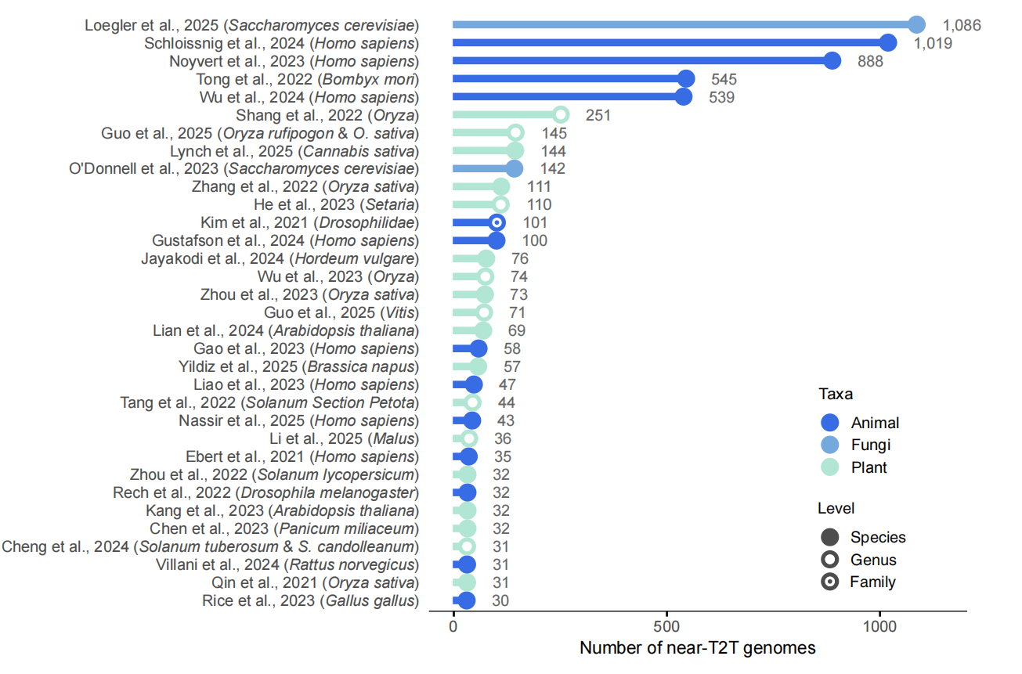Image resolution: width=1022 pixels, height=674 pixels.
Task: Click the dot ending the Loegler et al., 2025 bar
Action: point(916,25)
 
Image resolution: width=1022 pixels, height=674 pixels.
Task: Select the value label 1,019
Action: point(933,43)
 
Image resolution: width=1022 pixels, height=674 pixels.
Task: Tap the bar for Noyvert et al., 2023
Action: point(642,61)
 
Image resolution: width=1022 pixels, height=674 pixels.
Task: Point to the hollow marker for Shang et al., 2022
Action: point(560,115)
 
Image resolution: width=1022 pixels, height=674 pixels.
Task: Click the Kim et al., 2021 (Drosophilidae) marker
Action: point(496,222)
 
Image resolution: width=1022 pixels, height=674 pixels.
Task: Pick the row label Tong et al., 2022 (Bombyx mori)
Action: point(307,79)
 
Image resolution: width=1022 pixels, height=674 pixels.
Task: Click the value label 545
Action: point(724,79)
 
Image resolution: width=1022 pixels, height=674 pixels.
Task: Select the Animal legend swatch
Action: point(830,423)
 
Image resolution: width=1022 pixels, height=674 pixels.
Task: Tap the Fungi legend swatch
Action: point(830,445)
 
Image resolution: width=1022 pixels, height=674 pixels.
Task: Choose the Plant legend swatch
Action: point(830,467)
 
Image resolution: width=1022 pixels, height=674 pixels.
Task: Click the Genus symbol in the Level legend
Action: point(830,560)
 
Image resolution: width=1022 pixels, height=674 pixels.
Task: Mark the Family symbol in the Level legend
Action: point(830,582)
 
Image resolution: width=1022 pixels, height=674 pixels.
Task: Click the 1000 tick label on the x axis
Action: point(880,628)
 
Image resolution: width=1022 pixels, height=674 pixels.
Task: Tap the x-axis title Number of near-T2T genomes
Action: point(698,648)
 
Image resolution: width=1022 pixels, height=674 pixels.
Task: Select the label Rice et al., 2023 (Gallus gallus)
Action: point(309,600)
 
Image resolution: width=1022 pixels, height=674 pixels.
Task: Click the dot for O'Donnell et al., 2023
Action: point(514,168)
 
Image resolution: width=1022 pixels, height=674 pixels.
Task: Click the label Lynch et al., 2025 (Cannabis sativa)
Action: point(294,151)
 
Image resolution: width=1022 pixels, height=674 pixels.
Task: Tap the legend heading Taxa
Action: point(836,394)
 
